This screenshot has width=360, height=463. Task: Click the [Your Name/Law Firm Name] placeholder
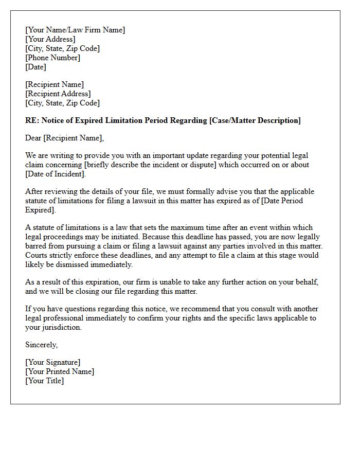[75, 30]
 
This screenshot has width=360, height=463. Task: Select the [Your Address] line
[50, 39]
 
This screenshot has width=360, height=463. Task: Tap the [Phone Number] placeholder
[53, 58]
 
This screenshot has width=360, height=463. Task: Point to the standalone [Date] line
[35, 67]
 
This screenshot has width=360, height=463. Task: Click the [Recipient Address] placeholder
[58, 94]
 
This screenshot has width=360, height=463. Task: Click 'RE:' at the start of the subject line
[32, 120]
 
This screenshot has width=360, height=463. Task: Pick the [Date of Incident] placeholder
[55, 174]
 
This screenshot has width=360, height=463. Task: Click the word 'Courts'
[37, 255]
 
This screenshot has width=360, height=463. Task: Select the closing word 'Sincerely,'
[42, 345]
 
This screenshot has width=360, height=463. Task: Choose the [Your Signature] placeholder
[52, 362]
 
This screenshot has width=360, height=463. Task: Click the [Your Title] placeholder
[45, 381]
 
